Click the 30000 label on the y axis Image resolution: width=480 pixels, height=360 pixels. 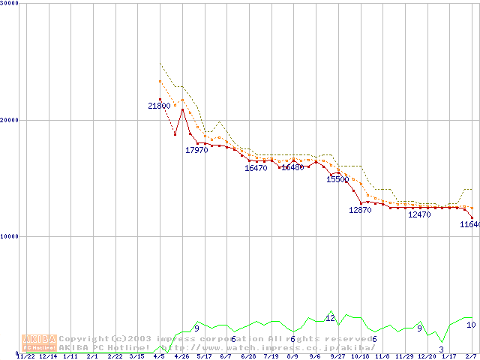click(x=10, y=3)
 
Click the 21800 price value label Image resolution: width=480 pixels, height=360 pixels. click(x=158, y=106)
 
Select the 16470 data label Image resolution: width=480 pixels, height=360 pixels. click(x=256, y=169)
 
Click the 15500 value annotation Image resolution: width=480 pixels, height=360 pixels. click(x=337, y=180)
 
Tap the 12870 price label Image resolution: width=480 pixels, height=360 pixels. click(x=360, y=211)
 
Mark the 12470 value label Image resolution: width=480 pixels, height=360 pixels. click(x=419, y=215)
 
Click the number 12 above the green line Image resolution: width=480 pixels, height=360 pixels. click(x=330, y=318)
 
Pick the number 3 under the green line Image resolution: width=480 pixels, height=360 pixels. click(x=441, y=349)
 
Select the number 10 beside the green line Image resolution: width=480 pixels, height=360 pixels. click(x=471, y=325)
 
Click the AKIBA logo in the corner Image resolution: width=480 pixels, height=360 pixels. click(x=39, y=343)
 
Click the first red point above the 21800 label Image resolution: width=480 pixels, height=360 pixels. click(x=160, y=100)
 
